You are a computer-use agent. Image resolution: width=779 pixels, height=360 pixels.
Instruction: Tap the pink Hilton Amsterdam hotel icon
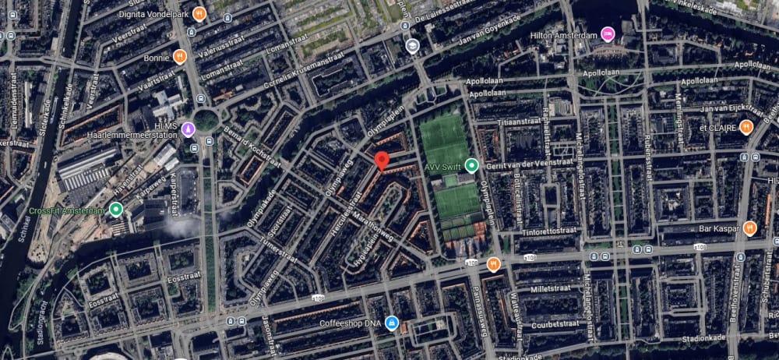pos(608,34)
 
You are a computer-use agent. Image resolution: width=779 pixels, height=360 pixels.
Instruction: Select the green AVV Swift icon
pos(471,165)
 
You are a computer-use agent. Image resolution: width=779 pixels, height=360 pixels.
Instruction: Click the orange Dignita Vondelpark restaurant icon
pos(199,13)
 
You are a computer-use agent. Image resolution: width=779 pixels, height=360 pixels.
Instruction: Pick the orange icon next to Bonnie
pos(180,56)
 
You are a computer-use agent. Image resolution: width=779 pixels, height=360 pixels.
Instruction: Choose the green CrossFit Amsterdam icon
pos(116,209)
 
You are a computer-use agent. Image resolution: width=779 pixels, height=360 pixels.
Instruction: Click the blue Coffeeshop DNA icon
pos(391,322)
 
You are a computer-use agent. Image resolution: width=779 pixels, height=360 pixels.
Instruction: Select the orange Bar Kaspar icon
pos(749,228)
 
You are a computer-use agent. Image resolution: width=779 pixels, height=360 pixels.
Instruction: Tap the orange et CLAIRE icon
pos(746,126)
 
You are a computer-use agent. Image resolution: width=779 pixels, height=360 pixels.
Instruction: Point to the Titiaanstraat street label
pos(527,122)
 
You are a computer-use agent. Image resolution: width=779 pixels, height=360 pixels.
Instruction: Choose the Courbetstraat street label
pos(555,325)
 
